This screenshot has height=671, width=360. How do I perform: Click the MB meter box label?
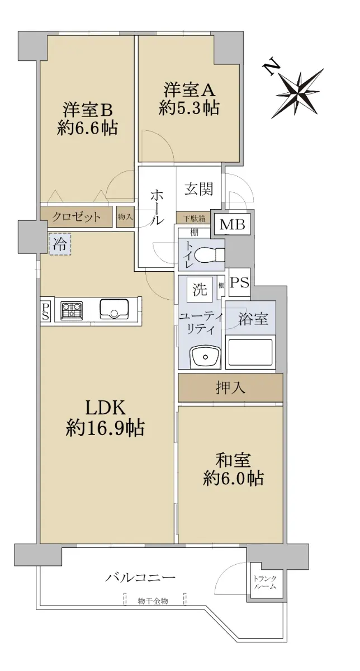pyautogui.click(x=233, y=224)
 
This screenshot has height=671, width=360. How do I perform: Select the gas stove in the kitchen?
pyautogui.click(x=72, y=310)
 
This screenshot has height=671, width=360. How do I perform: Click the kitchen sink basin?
pyautogui.click(x=115, y=309)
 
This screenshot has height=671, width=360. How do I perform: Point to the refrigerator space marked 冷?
pyautogui.click(x=60, y=244)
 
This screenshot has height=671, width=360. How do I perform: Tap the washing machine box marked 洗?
pyautogui.click(x=200, y=290)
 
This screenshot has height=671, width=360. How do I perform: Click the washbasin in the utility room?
pyautogui.click(x=206, y=357)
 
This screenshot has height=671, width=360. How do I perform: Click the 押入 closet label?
pyautogui.click(x=230, y=388)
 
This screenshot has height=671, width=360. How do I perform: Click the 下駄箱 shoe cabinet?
pyautogui.click(x=194, y=218)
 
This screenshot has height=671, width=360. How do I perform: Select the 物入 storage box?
pyautogui.click(x=125, y=217)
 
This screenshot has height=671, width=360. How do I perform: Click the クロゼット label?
pyautogui.click(x=76, y=216)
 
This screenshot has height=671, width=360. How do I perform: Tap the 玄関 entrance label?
pyautogui.click(x=198, y=189)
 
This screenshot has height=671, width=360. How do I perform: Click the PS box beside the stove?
pyautogui.click(x=45, y=311)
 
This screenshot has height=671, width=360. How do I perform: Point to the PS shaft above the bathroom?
pyautogui.click(x=239, y=282)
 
